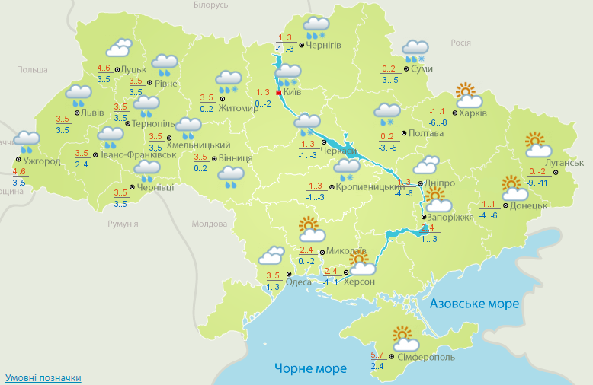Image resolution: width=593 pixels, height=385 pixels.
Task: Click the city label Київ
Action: pos(293,92)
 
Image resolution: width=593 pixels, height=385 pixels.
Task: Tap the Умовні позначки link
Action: pos(43,377)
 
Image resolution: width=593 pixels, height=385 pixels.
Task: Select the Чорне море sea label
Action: pos(310,369)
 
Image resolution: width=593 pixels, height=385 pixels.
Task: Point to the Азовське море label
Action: pos(474,304)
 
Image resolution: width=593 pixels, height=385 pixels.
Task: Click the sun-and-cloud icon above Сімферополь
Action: pos(404,338)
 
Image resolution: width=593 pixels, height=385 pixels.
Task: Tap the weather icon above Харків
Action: pos(468,95)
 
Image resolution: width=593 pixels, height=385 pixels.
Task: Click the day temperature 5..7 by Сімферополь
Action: pos(377,355)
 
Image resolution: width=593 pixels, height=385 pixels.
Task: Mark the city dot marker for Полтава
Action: pos(403,134)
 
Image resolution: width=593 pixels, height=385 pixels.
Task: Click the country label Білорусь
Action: pos(210,5)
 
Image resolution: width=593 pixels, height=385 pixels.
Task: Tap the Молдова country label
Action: pos(210,224)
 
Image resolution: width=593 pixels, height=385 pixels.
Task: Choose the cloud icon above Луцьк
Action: pos(118,49)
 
